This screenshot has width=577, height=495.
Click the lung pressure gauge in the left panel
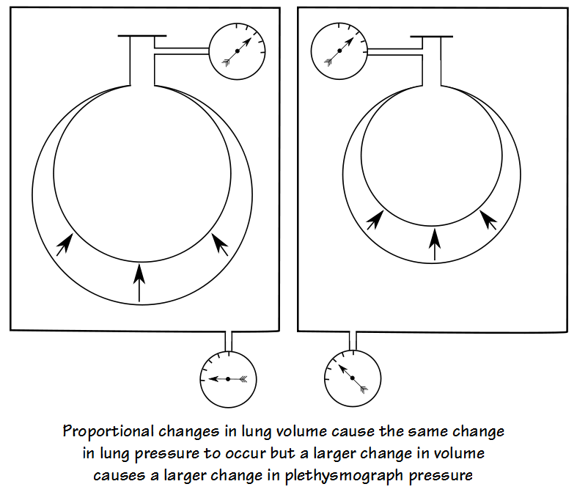click(237, 51)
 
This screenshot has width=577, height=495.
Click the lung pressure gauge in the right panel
click(339, 51)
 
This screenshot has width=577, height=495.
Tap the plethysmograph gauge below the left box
click(228, 378)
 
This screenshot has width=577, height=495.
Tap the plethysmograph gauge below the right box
click(353, 378)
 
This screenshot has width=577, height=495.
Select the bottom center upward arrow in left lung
click(139, 283)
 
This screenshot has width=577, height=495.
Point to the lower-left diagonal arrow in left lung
click(65, 243)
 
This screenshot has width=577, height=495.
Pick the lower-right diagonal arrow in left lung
click(219, 243)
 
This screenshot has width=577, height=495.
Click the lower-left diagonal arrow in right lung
click(375, 219)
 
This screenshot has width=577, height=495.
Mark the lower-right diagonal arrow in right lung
click(489, 219)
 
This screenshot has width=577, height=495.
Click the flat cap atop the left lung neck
click(142, 36)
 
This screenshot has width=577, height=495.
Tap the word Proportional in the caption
click(109, 430)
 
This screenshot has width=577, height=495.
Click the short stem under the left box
click(228, 340)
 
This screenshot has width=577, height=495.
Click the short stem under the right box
click(353, 340)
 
